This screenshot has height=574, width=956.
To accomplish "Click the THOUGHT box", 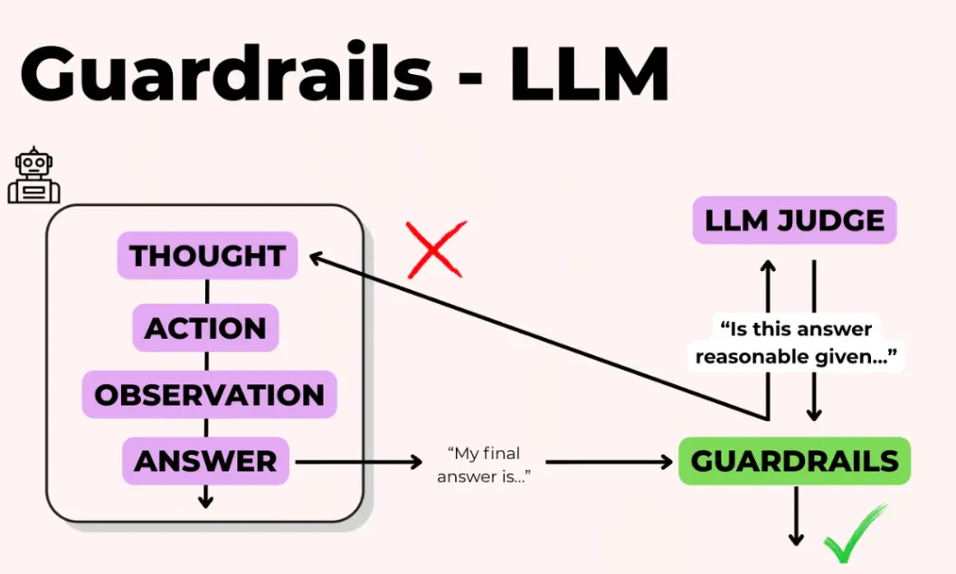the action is [207, 255].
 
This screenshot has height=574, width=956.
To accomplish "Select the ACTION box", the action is [205, 328].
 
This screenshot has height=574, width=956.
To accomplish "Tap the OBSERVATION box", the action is [209, 394].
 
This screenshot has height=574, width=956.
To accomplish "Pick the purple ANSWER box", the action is [205, 461].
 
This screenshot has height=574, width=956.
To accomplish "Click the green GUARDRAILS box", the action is [794, 461].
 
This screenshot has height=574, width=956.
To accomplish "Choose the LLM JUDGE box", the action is [794, 220].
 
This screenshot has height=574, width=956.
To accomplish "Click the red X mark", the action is [435, 249].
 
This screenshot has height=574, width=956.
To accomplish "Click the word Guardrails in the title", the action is [226, 73].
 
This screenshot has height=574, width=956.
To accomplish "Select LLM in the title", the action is [589, 74].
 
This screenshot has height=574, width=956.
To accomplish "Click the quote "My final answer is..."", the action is [484, 465].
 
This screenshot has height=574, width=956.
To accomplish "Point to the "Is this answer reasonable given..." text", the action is [796, 343].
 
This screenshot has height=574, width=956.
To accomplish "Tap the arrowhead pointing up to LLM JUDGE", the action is [768, 267].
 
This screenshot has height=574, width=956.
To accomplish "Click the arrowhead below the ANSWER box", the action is [205, 502].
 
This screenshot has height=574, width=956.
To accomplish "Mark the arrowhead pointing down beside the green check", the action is [796, 539].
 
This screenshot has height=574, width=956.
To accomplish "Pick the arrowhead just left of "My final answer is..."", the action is [415, 462].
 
